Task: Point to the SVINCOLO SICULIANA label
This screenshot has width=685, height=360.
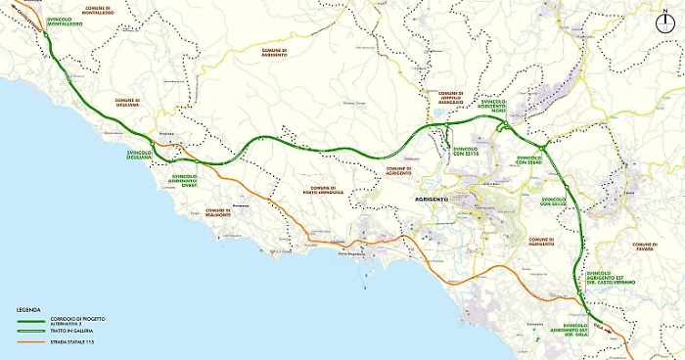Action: [x=146, y=156]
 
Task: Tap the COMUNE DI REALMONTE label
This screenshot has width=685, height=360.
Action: [x=217, y=211]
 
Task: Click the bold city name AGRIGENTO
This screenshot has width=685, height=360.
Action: [x=423, y=200]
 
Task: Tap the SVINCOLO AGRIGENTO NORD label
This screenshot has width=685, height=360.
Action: [x=499, y=106]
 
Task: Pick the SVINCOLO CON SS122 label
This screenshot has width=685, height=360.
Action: [x=554, y=200]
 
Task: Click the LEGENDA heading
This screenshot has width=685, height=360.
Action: [x=28, y=309]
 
